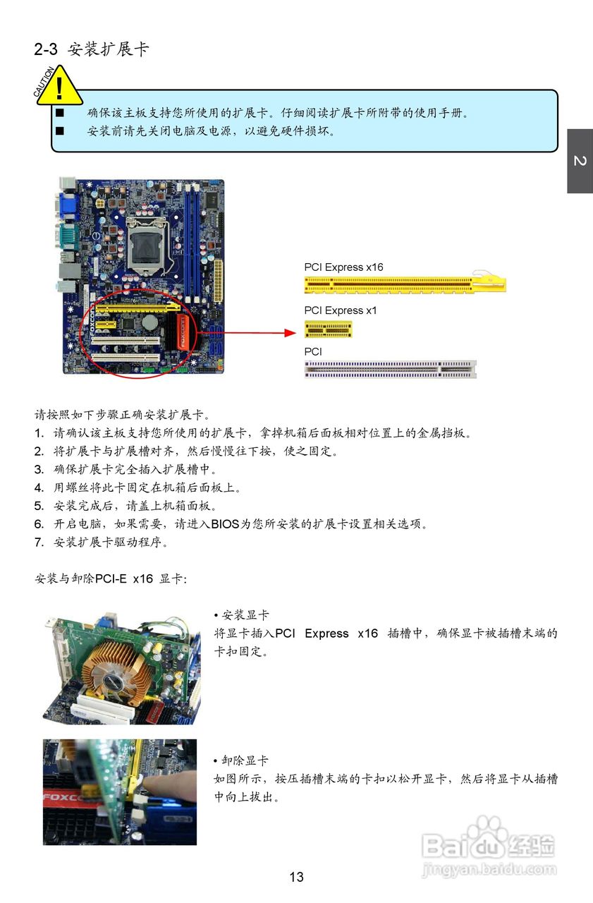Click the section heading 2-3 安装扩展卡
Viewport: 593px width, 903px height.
point(92,49)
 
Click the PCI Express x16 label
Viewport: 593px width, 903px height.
point(343,267)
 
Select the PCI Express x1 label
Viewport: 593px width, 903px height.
point(341,310)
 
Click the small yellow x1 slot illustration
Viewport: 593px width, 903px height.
point(328,329)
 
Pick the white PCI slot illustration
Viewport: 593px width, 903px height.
point(390,369)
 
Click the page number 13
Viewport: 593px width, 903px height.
point(296,877)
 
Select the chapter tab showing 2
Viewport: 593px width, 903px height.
point(580,162)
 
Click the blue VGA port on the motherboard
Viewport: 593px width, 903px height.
point(69,205)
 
